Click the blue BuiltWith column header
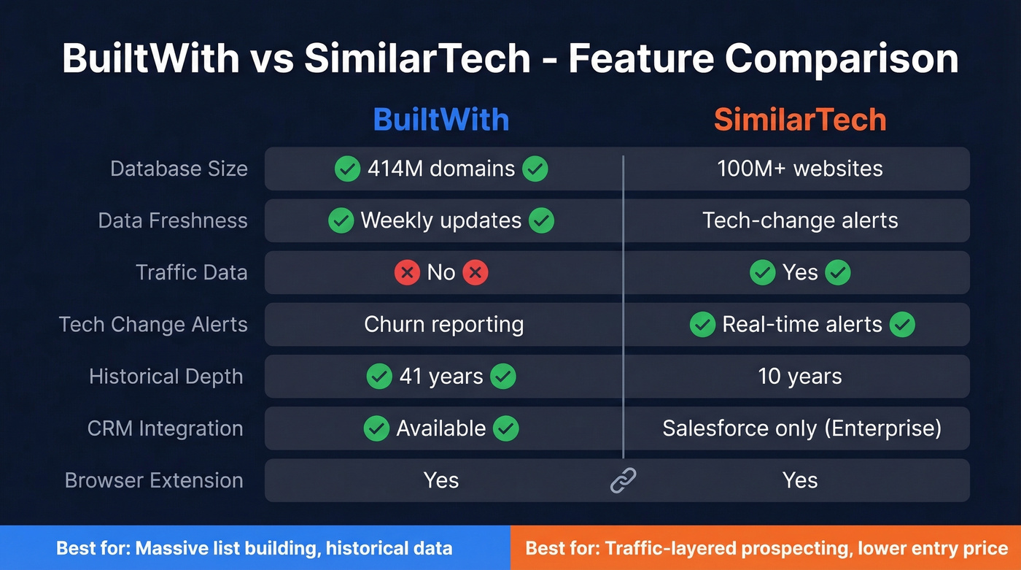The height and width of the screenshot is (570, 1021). [441, 120]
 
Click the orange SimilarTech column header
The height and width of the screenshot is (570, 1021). [800, 120]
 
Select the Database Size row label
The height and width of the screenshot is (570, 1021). [179, 169]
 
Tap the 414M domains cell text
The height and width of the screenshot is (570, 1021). [441, 169]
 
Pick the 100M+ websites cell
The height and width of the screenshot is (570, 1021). [800, 169]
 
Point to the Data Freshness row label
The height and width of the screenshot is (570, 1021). [173, 220]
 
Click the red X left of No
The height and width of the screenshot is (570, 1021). [407, 273]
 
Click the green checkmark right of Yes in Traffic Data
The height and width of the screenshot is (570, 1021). [838, 273]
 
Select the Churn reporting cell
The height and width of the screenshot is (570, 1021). [443, 324]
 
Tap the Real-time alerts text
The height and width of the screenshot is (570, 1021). [802, 324]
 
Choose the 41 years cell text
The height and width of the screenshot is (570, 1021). [441, 377]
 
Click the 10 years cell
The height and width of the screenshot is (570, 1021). [800, 377]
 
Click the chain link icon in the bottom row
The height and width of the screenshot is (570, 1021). [624, 480]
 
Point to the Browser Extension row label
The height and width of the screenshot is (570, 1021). [154, 480]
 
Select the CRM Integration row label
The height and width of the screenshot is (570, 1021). [165, 428]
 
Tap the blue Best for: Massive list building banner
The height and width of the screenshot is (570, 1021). [255, 548]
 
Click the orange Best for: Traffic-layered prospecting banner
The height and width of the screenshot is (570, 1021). [766, 548]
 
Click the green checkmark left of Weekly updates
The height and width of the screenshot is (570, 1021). [341, 220]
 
